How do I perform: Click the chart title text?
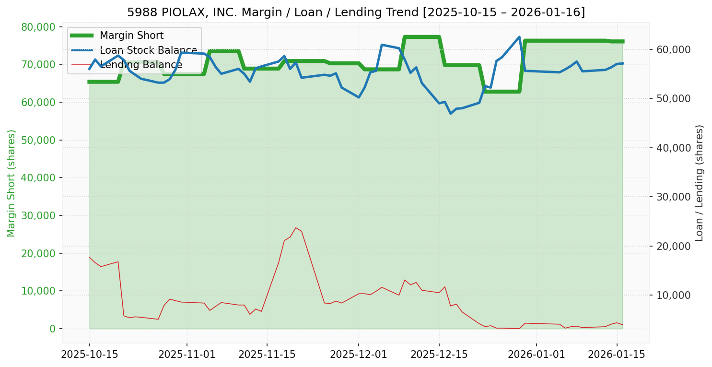pos(356,12)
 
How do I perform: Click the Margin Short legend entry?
pos(131,36)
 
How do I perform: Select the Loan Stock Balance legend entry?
pos(148,50)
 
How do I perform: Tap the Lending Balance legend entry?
pos(140,65)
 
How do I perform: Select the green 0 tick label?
pos(53,329)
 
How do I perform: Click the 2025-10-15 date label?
pos(89,355)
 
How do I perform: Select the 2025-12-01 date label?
pos(358,355)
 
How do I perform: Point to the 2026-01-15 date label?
pos(617,355)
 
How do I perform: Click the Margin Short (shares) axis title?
pos(11,183)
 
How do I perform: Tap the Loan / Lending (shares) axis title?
pos(699,183)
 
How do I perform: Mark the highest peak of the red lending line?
pos(295,228)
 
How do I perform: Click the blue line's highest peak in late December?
pos(519,37)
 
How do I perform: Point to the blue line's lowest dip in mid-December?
pos(450,113)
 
